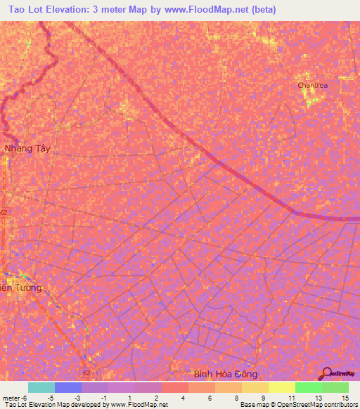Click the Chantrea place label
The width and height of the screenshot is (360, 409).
click(x=311, y=85)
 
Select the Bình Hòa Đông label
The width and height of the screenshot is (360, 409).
click(x=226, y=375)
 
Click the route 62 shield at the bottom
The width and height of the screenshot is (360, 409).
click(x=86, y=372)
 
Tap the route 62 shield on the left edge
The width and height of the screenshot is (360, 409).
click(x=4, y=212)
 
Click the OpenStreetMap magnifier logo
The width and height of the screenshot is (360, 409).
click(x=326, y=373)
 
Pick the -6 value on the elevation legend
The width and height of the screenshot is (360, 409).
click(x=25, y=398)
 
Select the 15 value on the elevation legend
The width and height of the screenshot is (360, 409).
click(x=345, y=398)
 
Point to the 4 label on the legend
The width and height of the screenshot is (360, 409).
click(x=182, y=398)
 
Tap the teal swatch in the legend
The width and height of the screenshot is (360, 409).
click(x=41, y=387)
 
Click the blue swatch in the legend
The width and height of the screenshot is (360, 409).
click(x=68, y=387)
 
